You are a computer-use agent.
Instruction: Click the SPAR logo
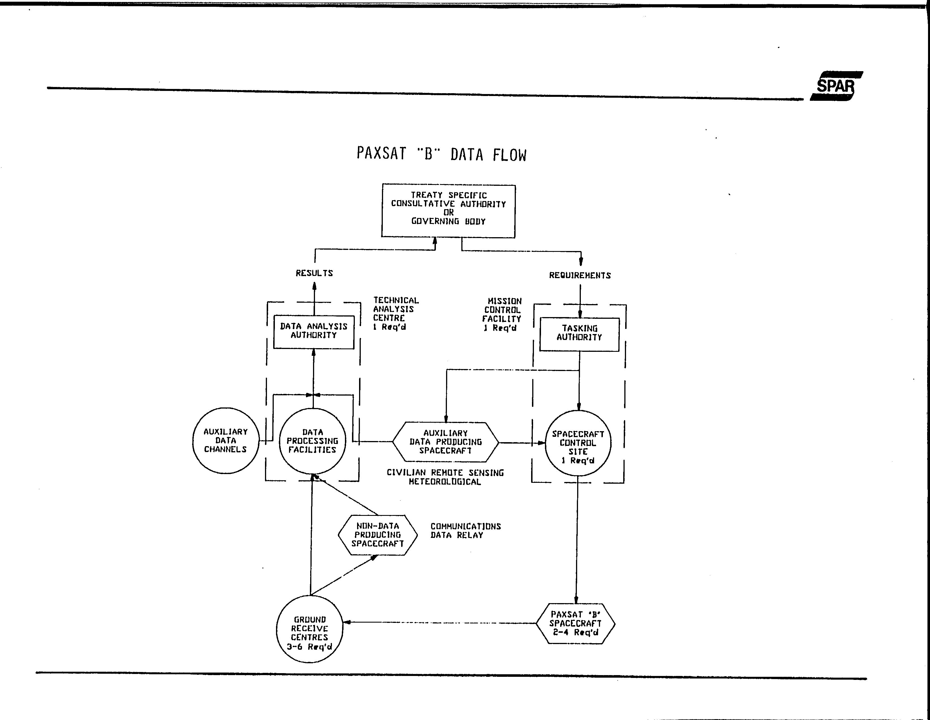[x=836, y=86]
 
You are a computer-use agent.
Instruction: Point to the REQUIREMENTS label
[x=580, y=275]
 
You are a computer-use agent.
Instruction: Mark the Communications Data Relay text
[x=466, y=531]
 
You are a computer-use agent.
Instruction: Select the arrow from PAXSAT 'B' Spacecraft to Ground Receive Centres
[x=440, y=623]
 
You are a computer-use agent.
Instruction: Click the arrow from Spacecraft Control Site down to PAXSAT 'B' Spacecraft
[x=577, y=540]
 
